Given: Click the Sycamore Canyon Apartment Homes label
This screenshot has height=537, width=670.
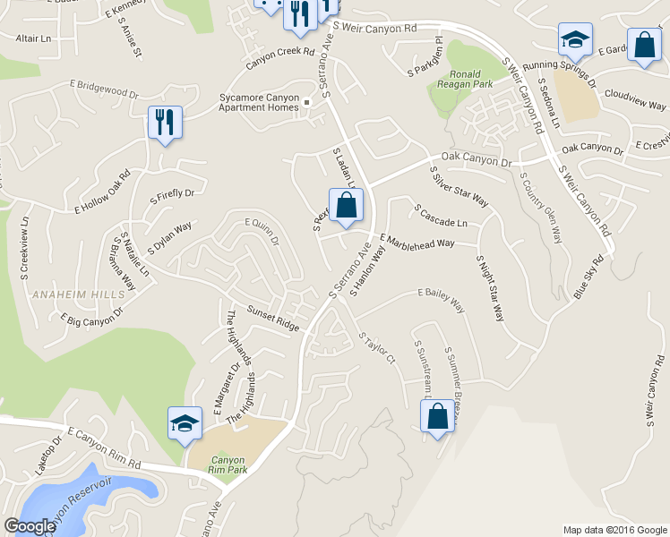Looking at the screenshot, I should [x=259, y=103].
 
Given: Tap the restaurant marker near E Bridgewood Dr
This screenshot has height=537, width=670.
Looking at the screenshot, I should [x=165, y=123].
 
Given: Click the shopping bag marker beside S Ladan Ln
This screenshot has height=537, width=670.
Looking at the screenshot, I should [x=346, y=206].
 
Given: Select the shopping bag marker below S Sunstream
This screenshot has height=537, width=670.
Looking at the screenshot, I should [x=436, y=417].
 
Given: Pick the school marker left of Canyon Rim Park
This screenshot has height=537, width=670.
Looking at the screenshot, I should [x=184, y=422].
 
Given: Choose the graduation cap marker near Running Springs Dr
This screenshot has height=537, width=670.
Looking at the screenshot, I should [x=574, y=39].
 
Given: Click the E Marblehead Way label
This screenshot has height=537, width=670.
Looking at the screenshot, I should [x=417, y=242].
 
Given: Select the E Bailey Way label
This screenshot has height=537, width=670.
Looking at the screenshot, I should [x=441, y=301].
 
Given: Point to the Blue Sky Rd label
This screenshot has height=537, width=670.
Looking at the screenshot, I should [x=589, y=277].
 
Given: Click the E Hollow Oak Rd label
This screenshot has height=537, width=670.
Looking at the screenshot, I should [x=103, y=190].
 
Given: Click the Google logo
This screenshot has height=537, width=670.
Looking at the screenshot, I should [x=30, y=526].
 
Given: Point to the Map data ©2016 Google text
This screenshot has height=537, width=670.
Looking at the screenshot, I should [x=614, y=529].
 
